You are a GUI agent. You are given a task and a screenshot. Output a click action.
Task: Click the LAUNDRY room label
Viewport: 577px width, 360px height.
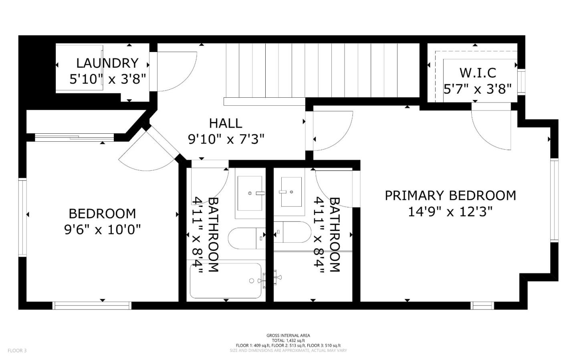107,63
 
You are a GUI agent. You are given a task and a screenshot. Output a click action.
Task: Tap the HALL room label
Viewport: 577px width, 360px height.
226,123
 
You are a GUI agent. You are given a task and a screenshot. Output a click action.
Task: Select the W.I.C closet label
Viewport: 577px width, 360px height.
478,73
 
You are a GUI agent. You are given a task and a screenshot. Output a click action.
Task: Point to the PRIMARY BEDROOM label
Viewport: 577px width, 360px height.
450,195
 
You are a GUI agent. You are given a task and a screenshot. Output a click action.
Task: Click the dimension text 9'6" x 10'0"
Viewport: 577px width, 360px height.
102,230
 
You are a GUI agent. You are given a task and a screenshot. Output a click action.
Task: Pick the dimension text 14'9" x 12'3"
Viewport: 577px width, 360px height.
450,211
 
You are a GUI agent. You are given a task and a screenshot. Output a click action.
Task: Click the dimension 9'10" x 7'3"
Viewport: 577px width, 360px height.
226,139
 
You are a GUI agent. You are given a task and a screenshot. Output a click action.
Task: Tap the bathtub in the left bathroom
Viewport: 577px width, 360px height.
226,281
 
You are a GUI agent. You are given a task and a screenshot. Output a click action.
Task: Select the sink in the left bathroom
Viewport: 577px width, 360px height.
250,193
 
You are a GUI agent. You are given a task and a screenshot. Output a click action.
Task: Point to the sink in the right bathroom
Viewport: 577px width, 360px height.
291,192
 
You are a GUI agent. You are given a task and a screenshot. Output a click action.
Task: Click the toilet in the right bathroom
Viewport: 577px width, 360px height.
292,232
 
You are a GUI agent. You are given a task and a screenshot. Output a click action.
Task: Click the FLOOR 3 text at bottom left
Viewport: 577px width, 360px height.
17,351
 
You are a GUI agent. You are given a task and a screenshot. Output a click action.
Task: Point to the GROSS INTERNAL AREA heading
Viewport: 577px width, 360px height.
288,336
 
